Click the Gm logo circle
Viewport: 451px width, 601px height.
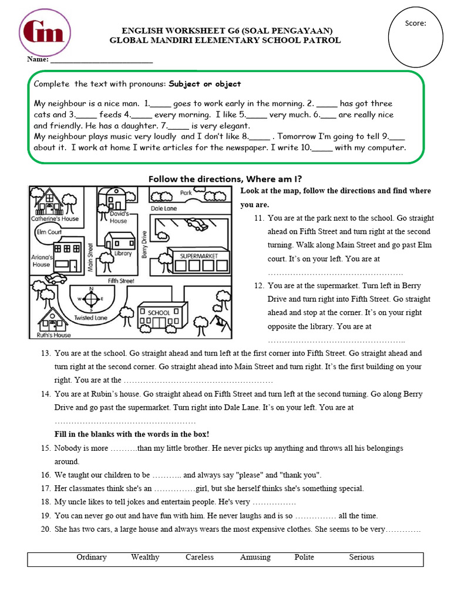[45, 33]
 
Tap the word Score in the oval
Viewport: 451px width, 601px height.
[415, 23]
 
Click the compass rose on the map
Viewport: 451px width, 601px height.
[91, 298]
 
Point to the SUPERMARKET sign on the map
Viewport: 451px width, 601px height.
[198, 256]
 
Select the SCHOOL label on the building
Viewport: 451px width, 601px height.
[159, 313]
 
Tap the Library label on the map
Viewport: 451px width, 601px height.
[123, 254]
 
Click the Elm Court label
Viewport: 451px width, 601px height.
[49, 232]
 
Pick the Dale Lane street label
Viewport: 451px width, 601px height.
[164, 208]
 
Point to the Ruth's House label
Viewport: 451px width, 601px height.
[54, 335]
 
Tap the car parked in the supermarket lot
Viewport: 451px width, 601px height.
[196, 224]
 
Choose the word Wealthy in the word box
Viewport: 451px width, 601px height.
[145, 557]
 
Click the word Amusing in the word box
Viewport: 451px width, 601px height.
[255, 557]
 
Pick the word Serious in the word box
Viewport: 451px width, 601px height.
[361, 557]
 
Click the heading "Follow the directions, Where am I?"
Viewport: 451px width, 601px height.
[225, 178]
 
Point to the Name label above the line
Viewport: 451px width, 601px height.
[37, 60]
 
